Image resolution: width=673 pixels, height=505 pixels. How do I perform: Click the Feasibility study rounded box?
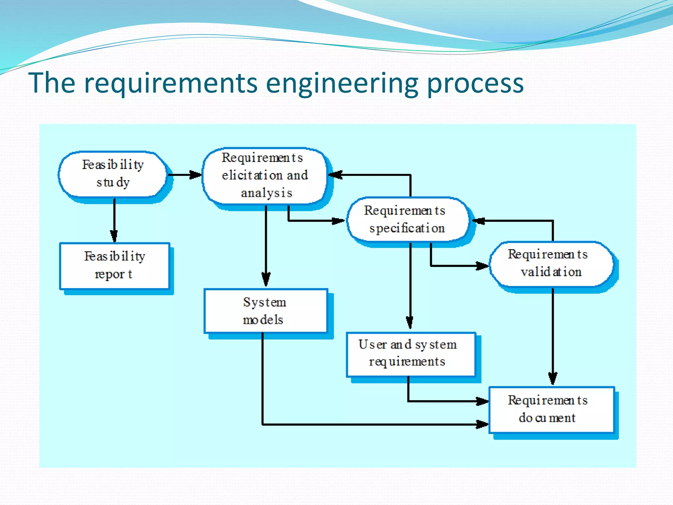coord(113,174)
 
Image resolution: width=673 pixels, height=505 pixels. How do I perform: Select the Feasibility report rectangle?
coord(114,266)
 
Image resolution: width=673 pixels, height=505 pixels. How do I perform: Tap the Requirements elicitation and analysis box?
coord(265,176)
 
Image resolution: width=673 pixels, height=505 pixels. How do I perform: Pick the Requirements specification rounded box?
coord(407,219)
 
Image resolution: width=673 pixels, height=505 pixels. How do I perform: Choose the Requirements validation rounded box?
coord(551,264)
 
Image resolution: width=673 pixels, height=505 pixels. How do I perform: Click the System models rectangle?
coord(266,311)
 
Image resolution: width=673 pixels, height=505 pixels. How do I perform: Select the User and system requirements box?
coord(411,354)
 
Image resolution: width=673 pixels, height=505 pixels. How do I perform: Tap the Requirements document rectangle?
coord(551,409)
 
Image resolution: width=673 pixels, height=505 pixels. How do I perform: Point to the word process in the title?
coord(475,84)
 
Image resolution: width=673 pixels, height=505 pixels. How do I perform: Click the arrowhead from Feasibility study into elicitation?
coord(196,175)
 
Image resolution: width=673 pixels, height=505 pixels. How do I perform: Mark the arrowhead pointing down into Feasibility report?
coord(114,236)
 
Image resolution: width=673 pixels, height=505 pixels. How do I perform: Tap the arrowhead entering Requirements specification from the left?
coord(338,221)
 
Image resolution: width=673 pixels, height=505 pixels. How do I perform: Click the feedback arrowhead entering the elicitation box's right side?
coord(335,175)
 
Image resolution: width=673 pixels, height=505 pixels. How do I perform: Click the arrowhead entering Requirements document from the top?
coord(553,378)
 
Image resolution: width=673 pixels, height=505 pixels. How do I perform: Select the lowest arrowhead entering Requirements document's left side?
coord(482,424)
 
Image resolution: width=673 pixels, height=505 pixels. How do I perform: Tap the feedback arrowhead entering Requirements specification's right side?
coord(478,221)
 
